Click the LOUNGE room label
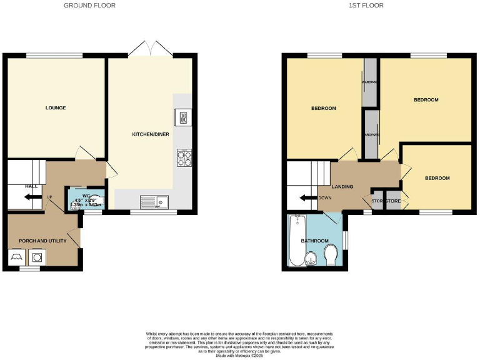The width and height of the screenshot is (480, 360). coord(56,107)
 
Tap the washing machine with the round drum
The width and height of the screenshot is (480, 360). coord(37,257)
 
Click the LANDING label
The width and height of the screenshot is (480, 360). coord(342,186)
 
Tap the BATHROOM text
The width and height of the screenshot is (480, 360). coord(314,241)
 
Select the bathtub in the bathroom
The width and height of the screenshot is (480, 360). coord(296,241)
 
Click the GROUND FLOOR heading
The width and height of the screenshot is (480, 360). coord(89,6)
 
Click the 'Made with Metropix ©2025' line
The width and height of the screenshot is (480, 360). coord(240,355)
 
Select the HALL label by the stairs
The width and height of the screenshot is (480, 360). coord(31,186)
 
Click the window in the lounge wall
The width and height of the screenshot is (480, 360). coord(55,56)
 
